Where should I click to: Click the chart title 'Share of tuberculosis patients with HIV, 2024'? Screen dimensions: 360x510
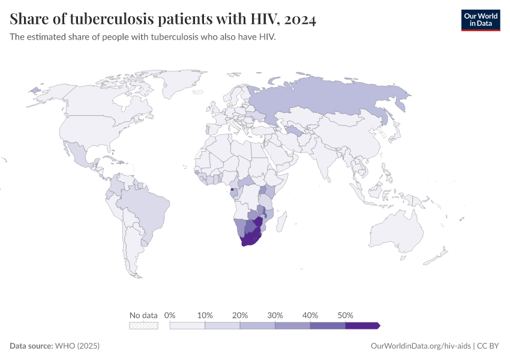click(x=163, y=20)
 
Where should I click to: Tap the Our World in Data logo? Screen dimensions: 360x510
click(x=480, y=20)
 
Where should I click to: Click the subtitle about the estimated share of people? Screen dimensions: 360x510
click(x=143, y=37)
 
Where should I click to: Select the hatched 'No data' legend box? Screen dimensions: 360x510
click(x=144, y=325)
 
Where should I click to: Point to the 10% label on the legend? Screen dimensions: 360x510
click(x=205, y=315)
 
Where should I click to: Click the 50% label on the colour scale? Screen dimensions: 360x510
click(x=346, y=315)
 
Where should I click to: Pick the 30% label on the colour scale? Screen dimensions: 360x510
click(x=275, y=315)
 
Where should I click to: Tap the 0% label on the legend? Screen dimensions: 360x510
click(x=170, y=315)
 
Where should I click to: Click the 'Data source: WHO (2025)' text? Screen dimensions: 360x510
click(x=55, y=346)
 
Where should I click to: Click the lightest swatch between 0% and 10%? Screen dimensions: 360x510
click(x=187, y=325)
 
